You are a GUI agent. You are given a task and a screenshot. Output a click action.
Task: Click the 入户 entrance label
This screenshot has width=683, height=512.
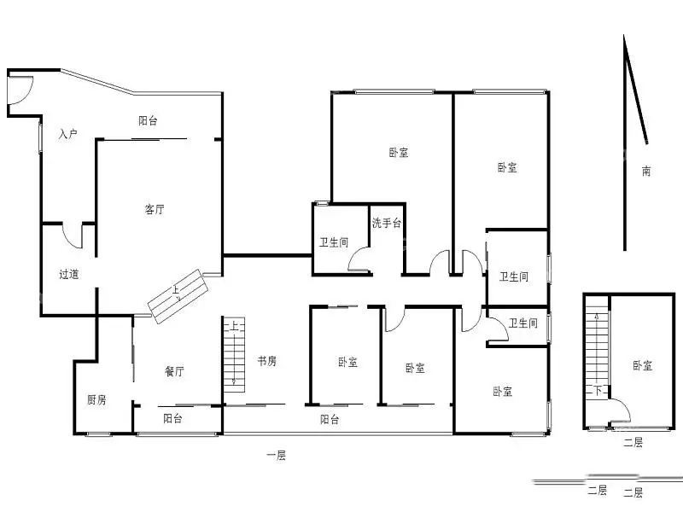(68, 133)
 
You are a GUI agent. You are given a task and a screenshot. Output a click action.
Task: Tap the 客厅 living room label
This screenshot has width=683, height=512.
(155, 209)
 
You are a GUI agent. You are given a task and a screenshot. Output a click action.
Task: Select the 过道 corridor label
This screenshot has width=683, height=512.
(69, 274)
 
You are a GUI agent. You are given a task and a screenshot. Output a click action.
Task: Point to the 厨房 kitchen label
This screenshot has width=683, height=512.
(96, 399)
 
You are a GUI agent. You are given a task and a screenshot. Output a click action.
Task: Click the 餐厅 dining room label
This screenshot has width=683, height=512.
(174, 371)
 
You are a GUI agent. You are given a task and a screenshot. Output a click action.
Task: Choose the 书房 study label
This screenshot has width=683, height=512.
(266, 361)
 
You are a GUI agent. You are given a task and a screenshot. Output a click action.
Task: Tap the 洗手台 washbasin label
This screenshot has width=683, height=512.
(387, 223)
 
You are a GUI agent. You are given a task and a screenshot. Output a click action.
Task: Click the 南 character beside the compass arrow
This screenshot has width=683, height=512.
(646, 172)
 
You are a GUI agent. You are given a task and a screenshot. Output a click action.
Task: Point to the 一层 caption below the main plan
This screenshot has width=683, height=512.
(276, 456)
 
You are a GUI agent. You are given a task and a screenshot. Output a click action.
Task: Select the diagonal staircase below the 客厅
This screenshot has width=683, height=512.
(178, 296)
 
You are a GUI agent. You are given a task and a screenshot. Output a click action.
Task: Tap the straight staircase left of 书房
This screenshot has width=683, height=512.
(234, 355)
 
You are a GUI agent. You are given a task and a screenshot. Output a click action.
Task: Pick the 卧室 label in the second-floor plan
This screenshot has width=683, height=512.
(643, 365)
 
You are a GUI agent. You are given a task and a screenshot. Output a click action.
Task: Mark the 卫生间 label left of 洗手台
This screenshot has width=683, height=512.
(334, 242)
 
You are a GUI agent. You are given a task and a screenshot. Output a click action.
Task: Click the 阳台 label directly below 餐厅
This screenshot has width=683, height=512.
(172, 418)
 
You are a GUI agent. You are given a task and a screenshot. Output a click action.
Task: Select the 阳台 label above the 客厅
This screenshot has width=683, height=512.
(148, 120)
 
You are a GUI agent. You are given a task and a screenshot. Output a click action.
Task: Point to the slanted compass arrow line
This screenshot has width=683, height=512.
(635, 90)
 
